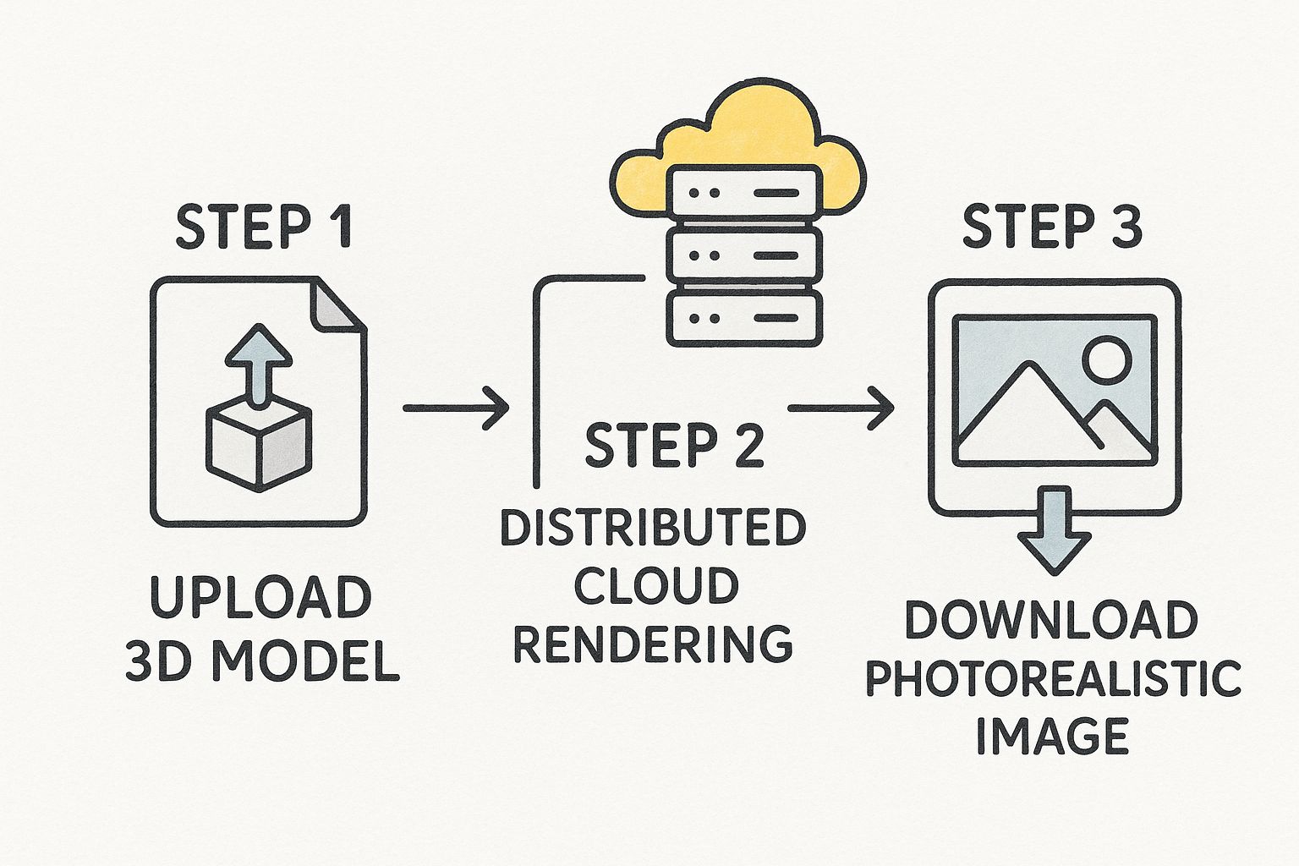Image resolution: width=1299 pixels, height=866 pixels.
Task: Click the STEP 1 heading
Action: tap(263, 227)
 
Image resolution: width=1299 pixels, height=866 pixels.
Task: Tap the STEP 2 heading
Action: tap(674, 446)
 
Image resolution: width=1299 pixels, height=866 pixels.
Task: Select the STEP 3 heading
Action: tap(1052, 227)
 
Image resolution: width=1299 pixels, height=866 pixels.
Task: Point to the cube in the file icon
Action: tap(259, 444)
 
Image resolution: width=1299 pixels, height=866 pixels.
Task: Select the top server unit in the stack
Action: tap(743, 194)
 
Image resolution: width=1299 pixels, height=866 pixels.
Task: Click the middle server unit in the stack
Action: tap(743, 255)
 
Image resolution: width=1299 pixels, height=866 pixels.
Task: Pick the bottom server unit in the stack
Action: tap(743, 319)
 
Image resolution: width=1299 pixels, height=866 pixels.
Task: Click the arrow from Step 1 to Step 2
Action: tap(456, 408)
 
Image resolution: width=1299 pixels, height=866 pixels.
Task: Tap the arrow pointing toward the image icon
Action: tap(841, 408)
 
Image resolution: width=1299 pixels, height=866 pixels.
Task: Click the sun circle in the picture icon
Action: tap(1106, 358)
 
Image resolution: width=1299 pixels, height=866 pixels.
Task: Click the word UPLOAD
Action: tap(260, 597)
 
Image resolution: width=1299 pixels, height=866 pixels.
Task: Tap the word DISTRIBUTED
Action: tap(653, 528)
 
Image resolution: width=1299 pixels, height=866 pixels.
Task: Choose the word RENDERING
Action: tap(653, 644)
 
